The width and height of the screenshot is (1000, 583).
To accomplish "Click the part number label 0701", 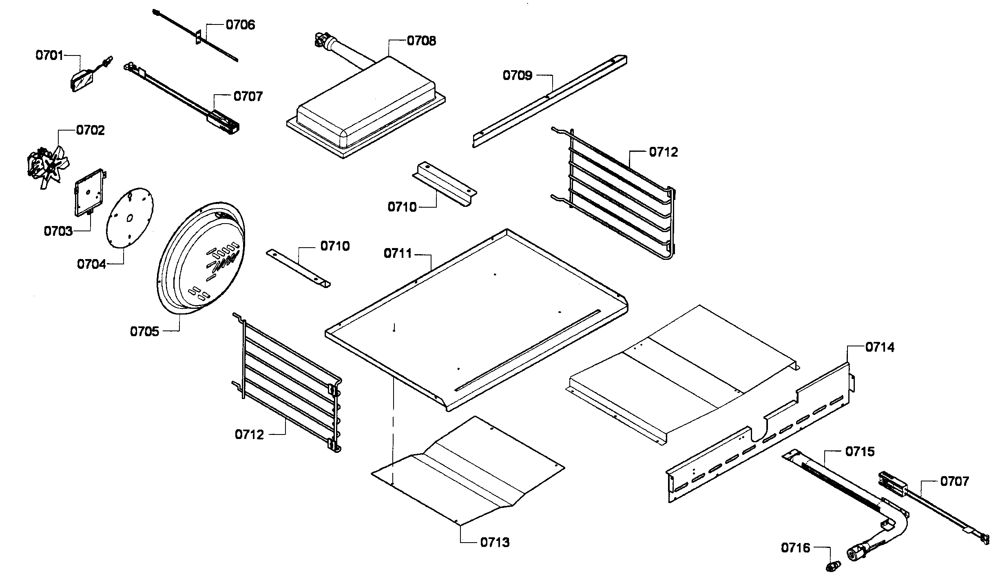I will click(x=49, y=55).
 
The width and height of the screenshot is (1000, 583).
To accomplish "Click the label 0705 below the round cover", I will click(x=144, y=331).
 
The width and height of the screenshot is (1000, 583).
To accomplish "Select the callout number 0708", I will click(x=421, y=41).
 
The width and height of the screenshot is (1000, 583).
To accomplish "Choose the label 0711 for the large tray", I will click(x=398, y=254).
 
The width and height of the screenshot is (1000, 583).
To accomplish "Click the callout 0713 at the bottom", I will click(x=495, y=543).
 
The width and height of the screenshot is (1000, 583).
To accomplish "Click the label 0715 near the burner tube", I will click(x=860, y=452).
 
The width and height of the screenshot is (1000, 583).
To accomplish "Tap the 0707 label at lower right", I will click(x=954, y=481).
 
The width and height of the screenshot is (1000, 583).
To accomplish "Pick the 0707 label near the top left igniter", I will click(x=248, y=97).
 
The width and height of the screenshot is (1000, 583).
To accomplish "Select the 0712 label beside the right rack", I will click(x=664, y=152).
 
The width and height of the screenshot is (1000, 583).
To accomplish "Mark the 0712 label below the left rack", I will click(x=249, y=434).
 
